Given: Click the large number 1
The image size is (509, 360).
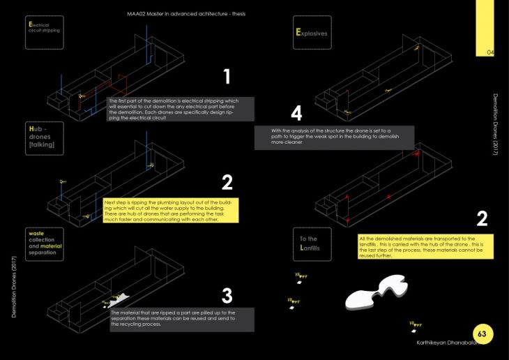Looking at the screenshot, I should pyautogui.click(x=227, y=77).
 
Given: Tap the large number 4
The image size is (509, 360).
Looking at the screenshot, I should pyautogui.click(x=296, y=113).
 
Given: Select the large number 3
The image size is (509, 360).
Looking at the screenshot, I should pyautogui.click(x=227, y=295).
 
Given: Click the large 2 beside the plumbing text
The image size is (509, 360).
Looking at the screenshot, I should pyautogui.click(x=227, y=183).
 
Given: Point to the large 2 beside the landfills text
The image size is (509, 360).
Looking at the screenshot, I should pyautogui.click(x=481, y=220).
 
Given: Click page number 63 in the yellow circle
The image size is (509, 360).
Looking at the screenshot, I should pyautogui.click(x=482, y=334).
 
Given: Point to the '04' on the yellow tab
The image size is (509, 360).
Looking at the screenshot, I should pyautogui.click(x=489, y=52).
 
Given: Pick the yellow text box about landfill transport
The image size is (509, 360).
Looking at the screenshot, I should pyautogui.click(x=424, y=246).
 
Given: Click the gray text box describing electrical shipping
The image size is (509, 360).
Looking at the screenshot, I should pyautogui.click(x=181, y=109).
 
